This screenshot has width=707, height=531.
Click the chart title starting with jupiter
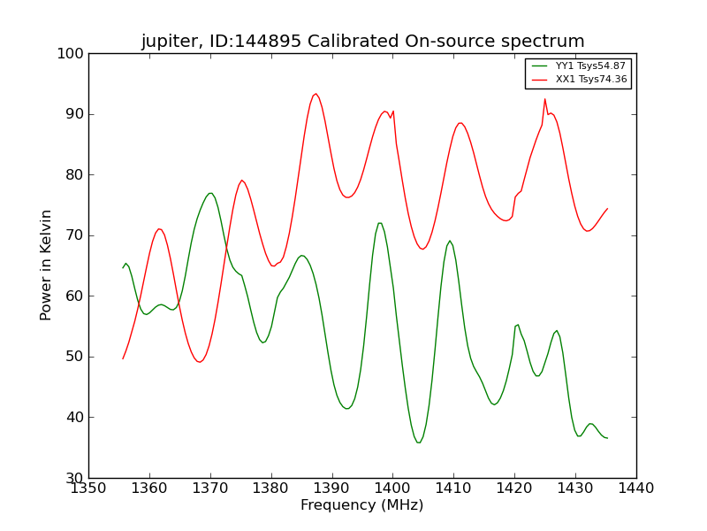362,42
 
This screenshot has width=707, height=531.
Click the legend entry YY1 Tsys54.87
590,66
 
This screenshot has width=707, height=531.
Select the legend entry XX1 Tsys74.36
590,80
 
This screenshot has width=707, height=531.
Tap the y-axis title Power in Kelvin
47,265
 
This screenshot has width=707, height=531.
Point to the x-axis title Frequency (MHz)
361,505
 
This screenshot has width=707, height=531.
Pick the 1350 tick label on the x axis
88,488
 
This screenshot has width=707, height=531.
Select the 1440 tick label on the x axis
635,488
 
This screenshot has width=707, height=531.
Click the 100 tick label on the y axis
71,54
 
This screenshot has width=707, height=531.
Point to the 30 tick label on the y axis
74,478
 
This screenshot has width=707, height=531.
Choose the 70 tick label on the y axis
74,235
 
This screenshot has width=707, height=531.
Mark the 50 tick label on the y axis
74,357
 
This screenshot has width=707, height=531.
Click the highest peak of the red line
315,94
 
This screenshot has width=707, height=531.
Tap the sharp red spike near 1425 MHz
545,98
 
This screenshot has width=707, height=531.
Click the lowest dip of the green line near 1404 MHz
419,442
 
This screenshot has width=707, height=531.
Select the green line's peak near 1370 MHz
210,193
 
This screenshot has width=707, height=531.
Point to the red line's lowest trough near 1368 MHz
200,362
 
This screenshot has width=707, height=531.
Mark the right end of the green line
607,438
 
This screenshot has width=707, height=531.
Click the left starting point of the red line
123,358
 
